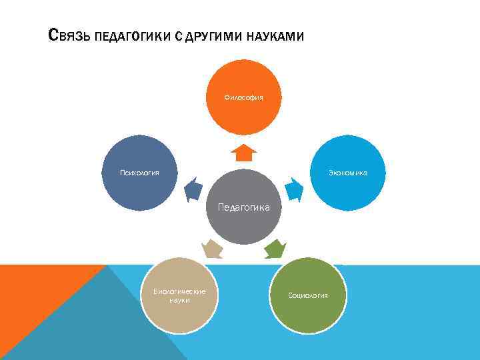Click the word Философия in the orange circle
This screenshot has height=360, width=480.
pyautogui.click(x=243, y=97)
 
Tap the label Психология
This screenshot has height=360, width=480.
pyautogui.click(x=139, y=173)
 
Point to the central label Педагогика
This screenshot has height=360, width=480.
pyautogui.click(x=243, y=207)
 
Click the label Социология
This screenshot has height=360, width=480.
pyautogui.click(x=307, y=295)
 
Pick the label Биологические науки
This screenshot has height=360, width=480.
pyautogui.click(x=180, y=295)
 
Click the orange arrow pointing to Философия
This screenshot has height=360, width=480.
pyautogui.click(x=243, y=153)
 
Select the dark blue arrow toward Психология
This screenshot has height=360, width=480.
pyautogui.click(x=193, y=190)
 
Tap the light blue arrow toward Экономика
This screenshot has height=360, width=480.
pyautogui.click(x=294, y=190)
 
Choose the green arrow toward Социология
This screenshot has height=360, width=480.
pyautogui.click(x=275, y=249)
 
